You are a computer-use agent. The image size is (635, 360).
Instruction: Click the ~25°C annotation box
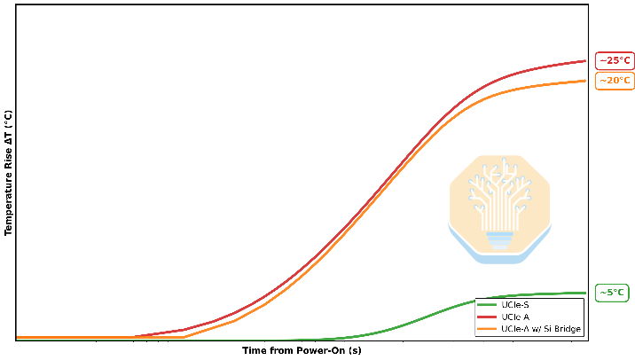[x=615, y=61]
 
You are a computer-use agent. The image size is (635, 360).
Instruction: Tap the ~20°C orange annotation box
[x=615, y=81]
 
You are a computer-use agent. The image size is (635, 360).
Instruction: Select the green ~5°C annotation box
[x=612, y=293]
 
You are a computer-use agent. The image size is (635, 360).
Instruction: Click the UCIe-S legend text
[x=515, y=305]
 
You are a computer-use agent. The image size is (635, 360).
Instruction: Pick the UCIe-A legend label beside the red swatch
[x=515, y=317]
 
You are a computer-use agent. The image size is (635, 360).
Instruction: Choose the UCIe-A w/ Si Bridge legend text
[x=541, y=329]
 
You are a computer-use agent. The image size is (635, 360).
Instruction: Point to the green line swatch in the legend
[x=487, y=305]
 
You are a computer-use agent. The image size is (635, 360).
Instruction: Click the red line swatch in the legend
[x=487, y=317]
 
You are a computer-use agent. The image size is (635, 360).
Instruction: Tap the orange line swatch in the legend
[x=487, y=329]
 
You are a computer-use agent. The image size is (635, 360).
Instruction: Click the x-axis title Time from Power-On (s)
[x=302, y=350]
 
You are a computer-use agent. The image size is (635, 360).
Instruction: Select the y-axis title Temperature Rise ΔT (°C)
[x=8, y=173]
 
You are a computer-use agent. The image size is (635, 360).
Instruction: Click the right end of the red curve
[x=585, y=61]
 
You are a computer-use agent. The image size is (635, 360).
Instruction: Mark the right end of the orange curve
[x=585, y=81]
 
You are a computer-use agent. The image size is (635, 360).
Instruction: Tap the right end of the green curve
[x=585, y=293]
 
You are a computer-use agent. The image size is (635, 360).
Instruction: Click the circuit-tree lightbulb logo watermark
[x=499, y=209]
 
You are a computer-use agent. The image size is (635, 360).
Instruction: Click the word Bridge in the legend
[x=568, y=329]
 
